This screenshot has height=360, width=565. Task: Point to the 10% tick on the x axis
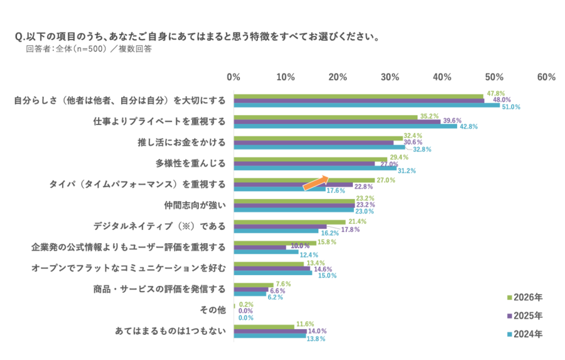tap(286, 77)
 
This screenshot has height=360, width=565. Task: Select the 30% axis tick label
tap(390, 77)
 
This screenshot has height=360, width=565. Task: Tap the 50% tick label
tap(494, 77)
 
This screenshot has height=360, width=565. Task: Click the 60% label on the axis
tap(546, 77)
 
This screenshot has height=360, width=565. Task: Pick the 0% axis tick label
tap(234, 77)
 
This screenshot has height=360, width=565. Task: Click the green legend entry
tap(525, 297)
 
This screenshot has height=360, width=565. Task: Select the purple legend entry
tap(525, 315)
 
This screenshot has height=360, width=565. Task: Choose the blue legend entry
tap(525, 334)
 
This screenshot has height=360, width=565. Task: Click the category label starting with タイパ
tap(137, 184)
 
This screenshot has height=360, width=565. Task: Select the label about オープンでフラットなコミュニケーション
tap(128, 268)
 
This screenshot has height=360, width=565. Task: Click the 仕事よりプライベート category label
tap(159, 120)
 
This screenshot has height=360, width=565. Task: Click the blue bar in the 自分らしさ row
tap(367, 106)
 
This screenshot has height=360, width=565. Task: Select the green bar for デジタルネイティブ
tap(289, 221)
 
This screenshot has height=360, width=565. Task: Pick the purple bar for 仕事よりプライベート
tap(338, 120)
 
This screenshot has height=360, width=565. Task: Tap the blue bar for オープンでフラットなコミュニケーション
tap(273, 273)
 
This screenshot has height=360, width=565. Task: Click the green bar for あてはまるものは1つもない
tap(264, 325)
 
